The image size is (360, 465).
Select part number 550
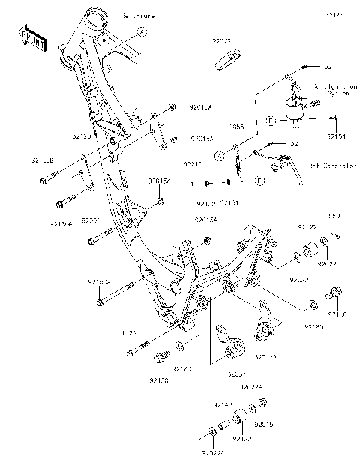point(334,216)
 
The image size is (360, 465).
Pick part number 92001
point(91,220)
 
